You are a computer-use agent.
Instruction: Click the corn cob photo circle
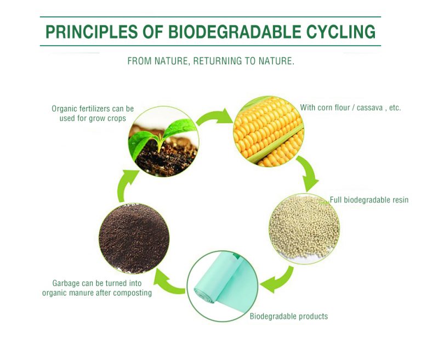click(x=269, y=132)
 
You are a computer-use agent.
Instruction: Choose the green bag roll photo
click(x=222, y=286)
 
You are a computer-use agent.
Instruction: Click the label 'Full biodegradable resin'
click(x=369, y=200)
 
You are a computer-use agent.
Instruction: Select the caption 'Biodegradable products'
click(x=289, y=316)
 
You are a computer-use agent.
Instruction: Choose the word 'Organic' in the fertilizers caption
click(x=64, y=109)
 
